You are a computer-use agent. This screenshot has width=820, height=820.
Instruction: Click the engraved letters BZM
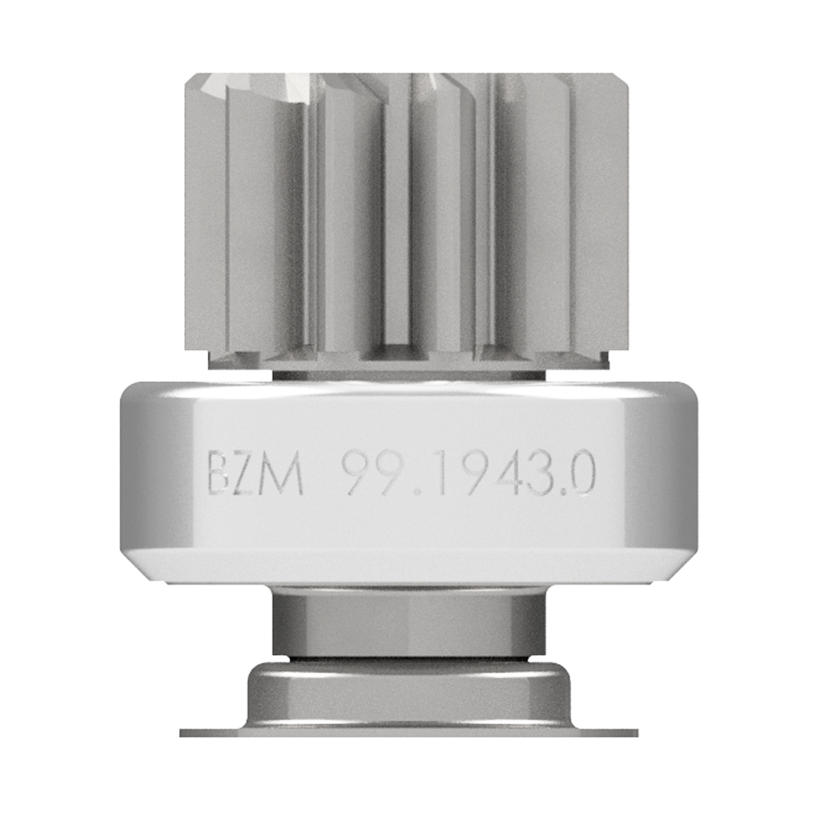coord(255,474)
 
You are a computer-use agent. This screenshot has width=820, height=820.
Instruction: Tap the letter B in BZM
coord(219,474)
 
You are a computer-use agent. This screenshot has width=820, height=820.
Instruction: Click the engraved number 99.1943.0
coord(468,474)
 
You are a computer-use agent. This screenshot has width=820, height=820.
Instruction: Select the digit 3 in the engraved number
coord(540,474)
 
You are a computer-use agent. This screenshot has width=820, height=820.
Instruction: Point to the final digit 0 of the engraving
coord(581,474)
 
